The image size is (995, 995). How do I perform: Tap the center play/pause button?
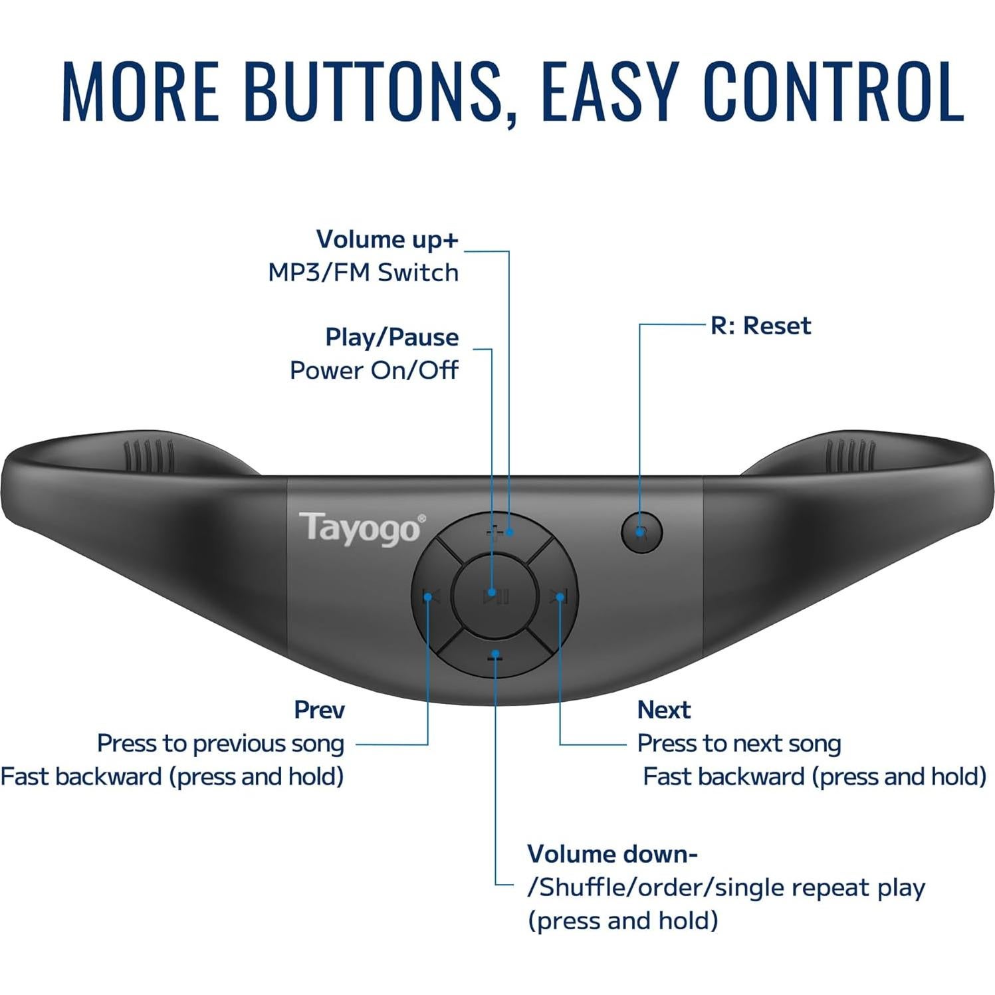(493, 594)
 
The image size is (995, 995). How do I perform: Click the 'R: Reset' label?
(760, 326)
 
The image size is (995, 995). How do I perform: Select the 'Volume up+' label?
(387, 239)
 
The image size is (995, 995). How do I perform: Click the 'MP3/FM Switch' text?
(363, 273)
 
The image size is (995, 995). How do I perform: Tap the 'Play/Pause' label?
(391, 337)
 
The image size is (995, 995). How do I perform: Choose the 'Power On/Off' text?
(374, 370)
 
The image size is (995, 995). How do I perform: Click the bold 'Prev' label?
(319, 710)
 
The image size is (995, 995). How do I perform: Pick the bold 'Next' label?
(663, 710)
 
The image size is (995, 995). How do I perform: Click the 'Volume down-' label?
(611, 854)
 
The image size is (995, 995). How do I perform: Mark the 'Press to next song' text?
(738, 743)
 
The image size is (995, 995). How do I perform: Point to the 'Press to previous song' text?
(221, 743)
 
